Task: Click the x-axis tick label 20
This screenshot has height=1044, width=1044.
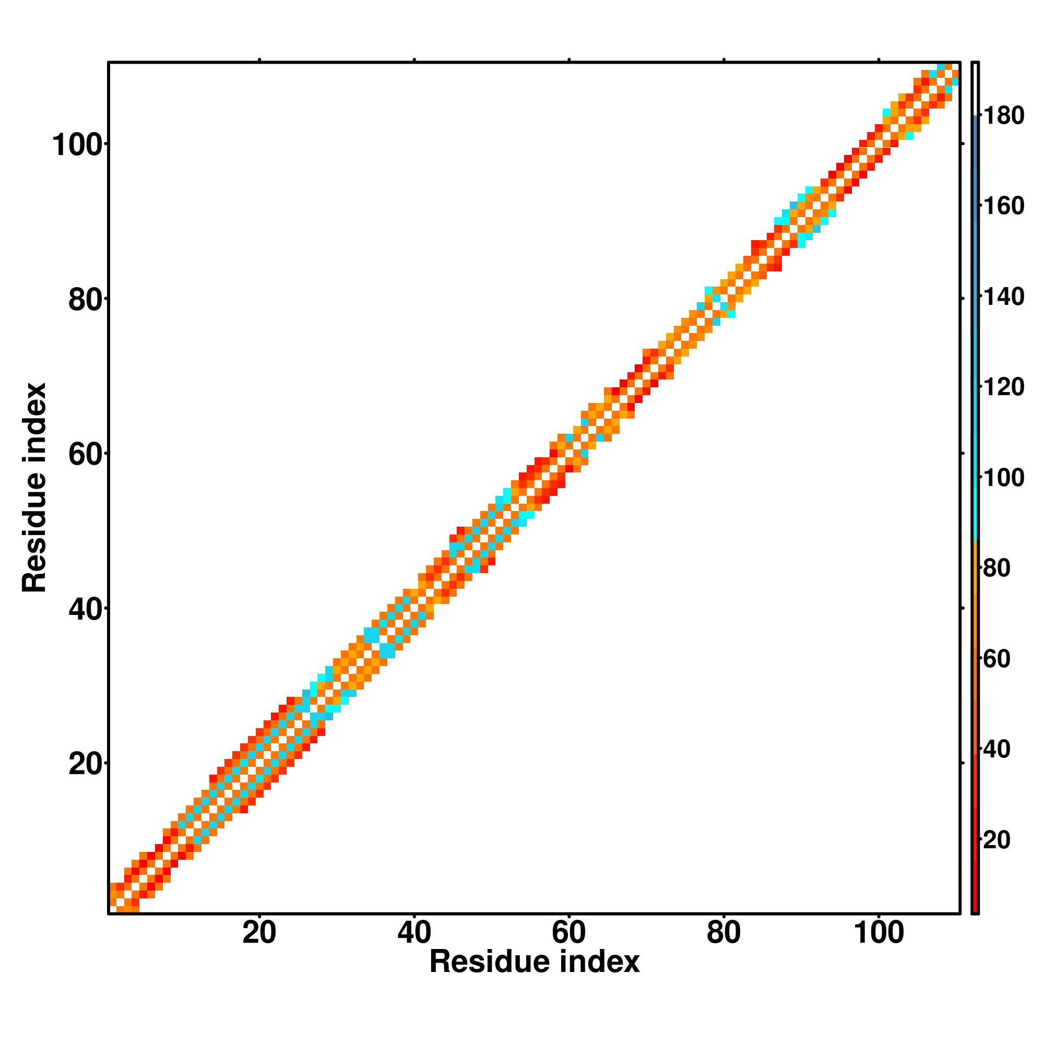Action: click(x=259, y=933)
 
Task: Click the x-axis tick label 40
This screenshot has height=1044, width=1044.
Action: click(x=414, y=933)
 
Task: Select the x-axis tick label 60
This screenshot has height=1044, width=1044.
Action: click(x=568, y=933)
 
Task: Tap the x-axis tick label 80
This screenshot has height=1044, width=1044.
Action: click(x=723, y=933)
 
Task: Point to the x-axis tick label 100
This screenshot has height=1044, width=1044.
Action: click(x=879, y=933)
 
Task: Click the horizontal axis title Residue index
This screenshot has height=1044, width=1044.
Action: click(x=534, y=963)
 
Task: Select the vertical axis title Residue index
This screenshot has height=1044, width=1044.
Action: click(x=34, y=488)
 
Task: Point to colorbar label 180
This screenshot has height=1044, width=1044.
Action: click(x=1003, y=116)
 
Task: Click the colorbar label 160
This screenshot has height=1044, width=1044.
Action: click(x=1003, y=206)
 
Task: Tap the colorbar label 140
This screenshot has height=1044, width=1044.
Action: click(x=1003, y=296)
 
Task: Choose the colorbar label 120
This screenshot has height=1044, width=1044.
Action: click(x=1003, y=387)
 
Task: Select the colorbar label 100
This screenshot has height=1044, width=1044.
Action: click(x=1003, y=478)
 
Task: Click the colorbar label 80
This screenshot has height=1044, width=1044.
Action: click(x=997, y=568)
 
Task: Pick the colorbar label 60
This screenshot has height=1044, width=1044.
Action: click(x=997, y=659)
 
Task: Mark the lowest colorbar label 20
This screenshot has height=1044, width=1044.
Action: click(x=997, y=840)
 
